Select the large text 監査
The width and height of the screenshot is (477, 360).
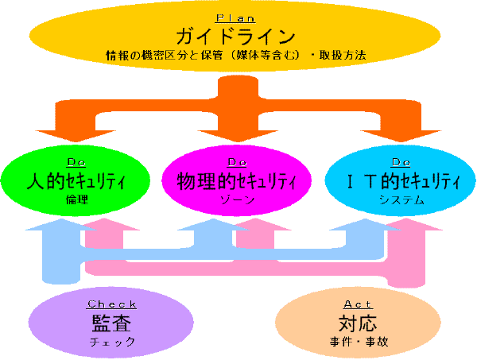[111, 323]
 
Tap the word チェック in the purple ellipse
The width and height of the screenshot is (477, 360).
[111, 343]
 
